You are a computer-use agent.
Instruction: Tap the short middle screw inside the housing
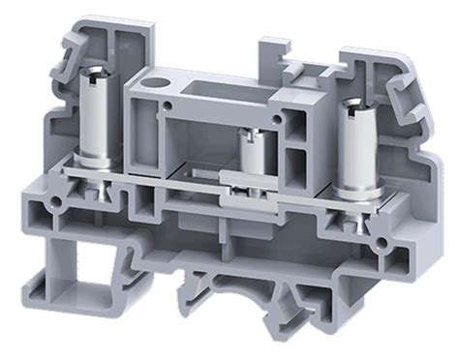(253, 156)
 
